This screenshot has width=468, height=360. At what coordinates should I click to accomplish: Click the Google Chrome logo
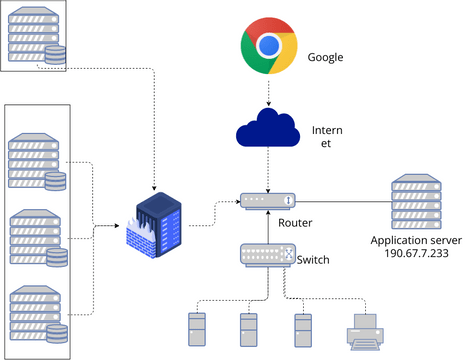268,48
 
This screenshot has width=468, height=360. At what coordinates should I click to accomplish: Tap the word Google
326,57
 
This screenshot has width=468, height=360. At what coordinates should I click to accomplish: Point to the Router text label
296,222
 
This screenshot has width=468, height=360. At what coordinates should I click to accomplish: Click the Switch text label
313,260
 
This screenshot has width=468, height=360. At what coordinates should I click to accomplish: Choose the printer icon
364,330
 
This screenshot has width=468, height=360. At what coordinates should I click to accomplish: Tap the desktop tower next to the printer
302,329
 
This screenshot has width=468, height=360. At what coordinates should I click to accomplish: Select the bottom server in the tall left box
36,313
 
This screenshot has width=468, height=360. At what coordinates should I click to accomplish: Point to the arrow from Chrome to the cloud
268,92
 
